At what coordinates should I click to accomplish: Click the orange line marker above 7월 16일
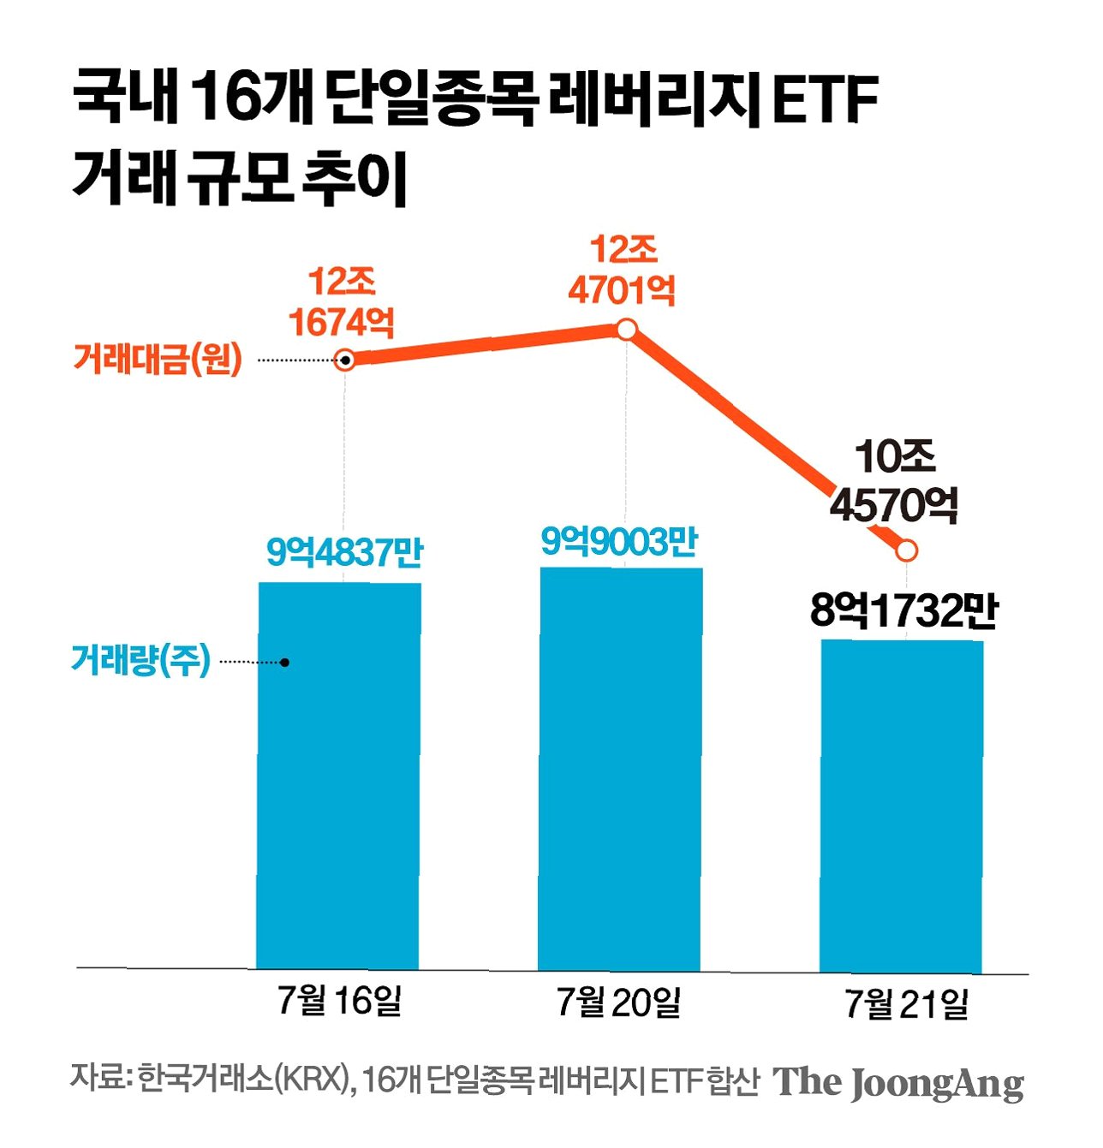[344, 360]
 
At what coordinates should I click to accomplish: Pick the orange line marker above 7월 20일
[627, 330]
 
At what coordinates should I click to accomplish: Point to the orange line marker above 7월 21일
[907, 550]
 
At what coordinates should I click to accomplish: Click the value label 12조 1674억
[342, 302]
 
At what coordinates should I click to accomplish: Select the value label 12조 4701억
[622, 271]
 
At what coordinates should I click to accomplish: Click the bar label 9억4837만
[344, 553]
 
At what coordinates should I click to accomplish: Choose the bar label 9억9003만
[620, 542]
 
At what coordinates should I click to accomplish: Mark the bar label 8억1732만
[903, 611]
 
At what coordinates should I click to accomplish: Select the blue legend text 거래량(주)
[141, 660]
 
